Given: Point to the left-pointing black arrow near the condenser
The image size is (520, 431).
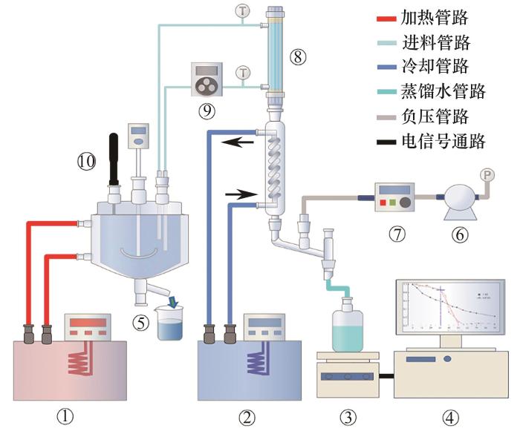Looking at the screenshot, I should pyautogui.click(x=239, y=141).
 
